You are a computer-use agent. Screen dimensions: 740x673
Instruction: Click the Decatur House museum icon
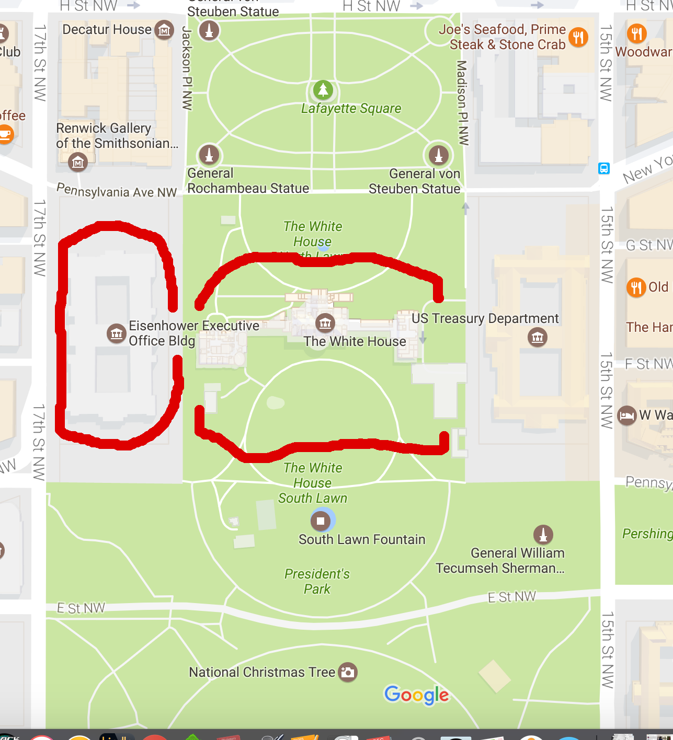[165, 30]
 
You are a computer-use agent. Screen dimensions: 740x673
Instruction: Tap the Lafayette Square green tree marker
[323, 90]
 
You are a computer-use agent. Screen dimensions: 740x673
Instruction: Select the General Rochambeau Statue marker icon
[209, 155]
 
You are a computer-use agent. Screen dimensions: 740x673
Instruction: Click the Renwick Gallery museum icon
[78, 163]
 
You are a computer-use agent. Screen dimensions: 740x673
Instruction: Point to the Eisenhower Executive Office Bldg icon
[116, 333]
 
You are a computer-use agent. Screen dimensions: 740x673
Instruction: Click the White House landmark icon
[325, 323]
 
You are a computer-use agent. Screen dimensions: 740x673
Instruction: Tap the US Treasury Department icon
[538, 337]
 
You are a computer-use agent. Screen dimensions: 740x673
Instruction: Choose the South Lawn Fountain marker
[321, 521]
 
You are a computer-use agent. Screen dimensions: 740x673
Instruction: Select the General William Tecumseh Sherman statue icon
[543, 534]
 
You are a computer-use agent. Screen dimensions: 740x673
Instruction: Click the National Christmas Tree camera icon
[348, 672]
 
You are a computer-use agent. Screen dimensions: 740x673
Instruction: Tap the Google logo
[416, 695]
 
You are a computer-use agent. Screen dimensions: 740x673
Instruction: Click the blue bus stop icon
[604, 168]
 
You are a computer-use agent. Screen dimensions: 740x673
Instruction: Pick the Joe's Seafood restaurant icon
[578, 37]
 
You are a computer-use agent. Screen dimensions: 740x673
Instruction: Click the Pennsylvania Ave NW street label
[117, 191]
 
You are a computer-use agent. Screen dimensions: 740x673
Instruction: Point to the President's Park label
[317, 581]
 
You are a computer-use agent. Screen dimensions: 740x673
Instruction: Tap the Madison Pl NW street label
[462, 102]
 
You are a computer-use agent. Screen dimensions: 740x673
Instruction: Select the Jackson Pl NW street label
[187, 68]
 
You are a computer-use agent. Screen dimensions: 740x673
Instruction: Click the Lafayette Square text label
[351, 109]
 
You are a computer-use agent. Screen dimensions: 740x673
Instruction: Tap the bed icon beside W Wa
[626, 415]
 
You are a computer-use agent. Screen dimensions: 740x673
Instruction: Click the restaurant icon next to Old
[636, 287]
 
